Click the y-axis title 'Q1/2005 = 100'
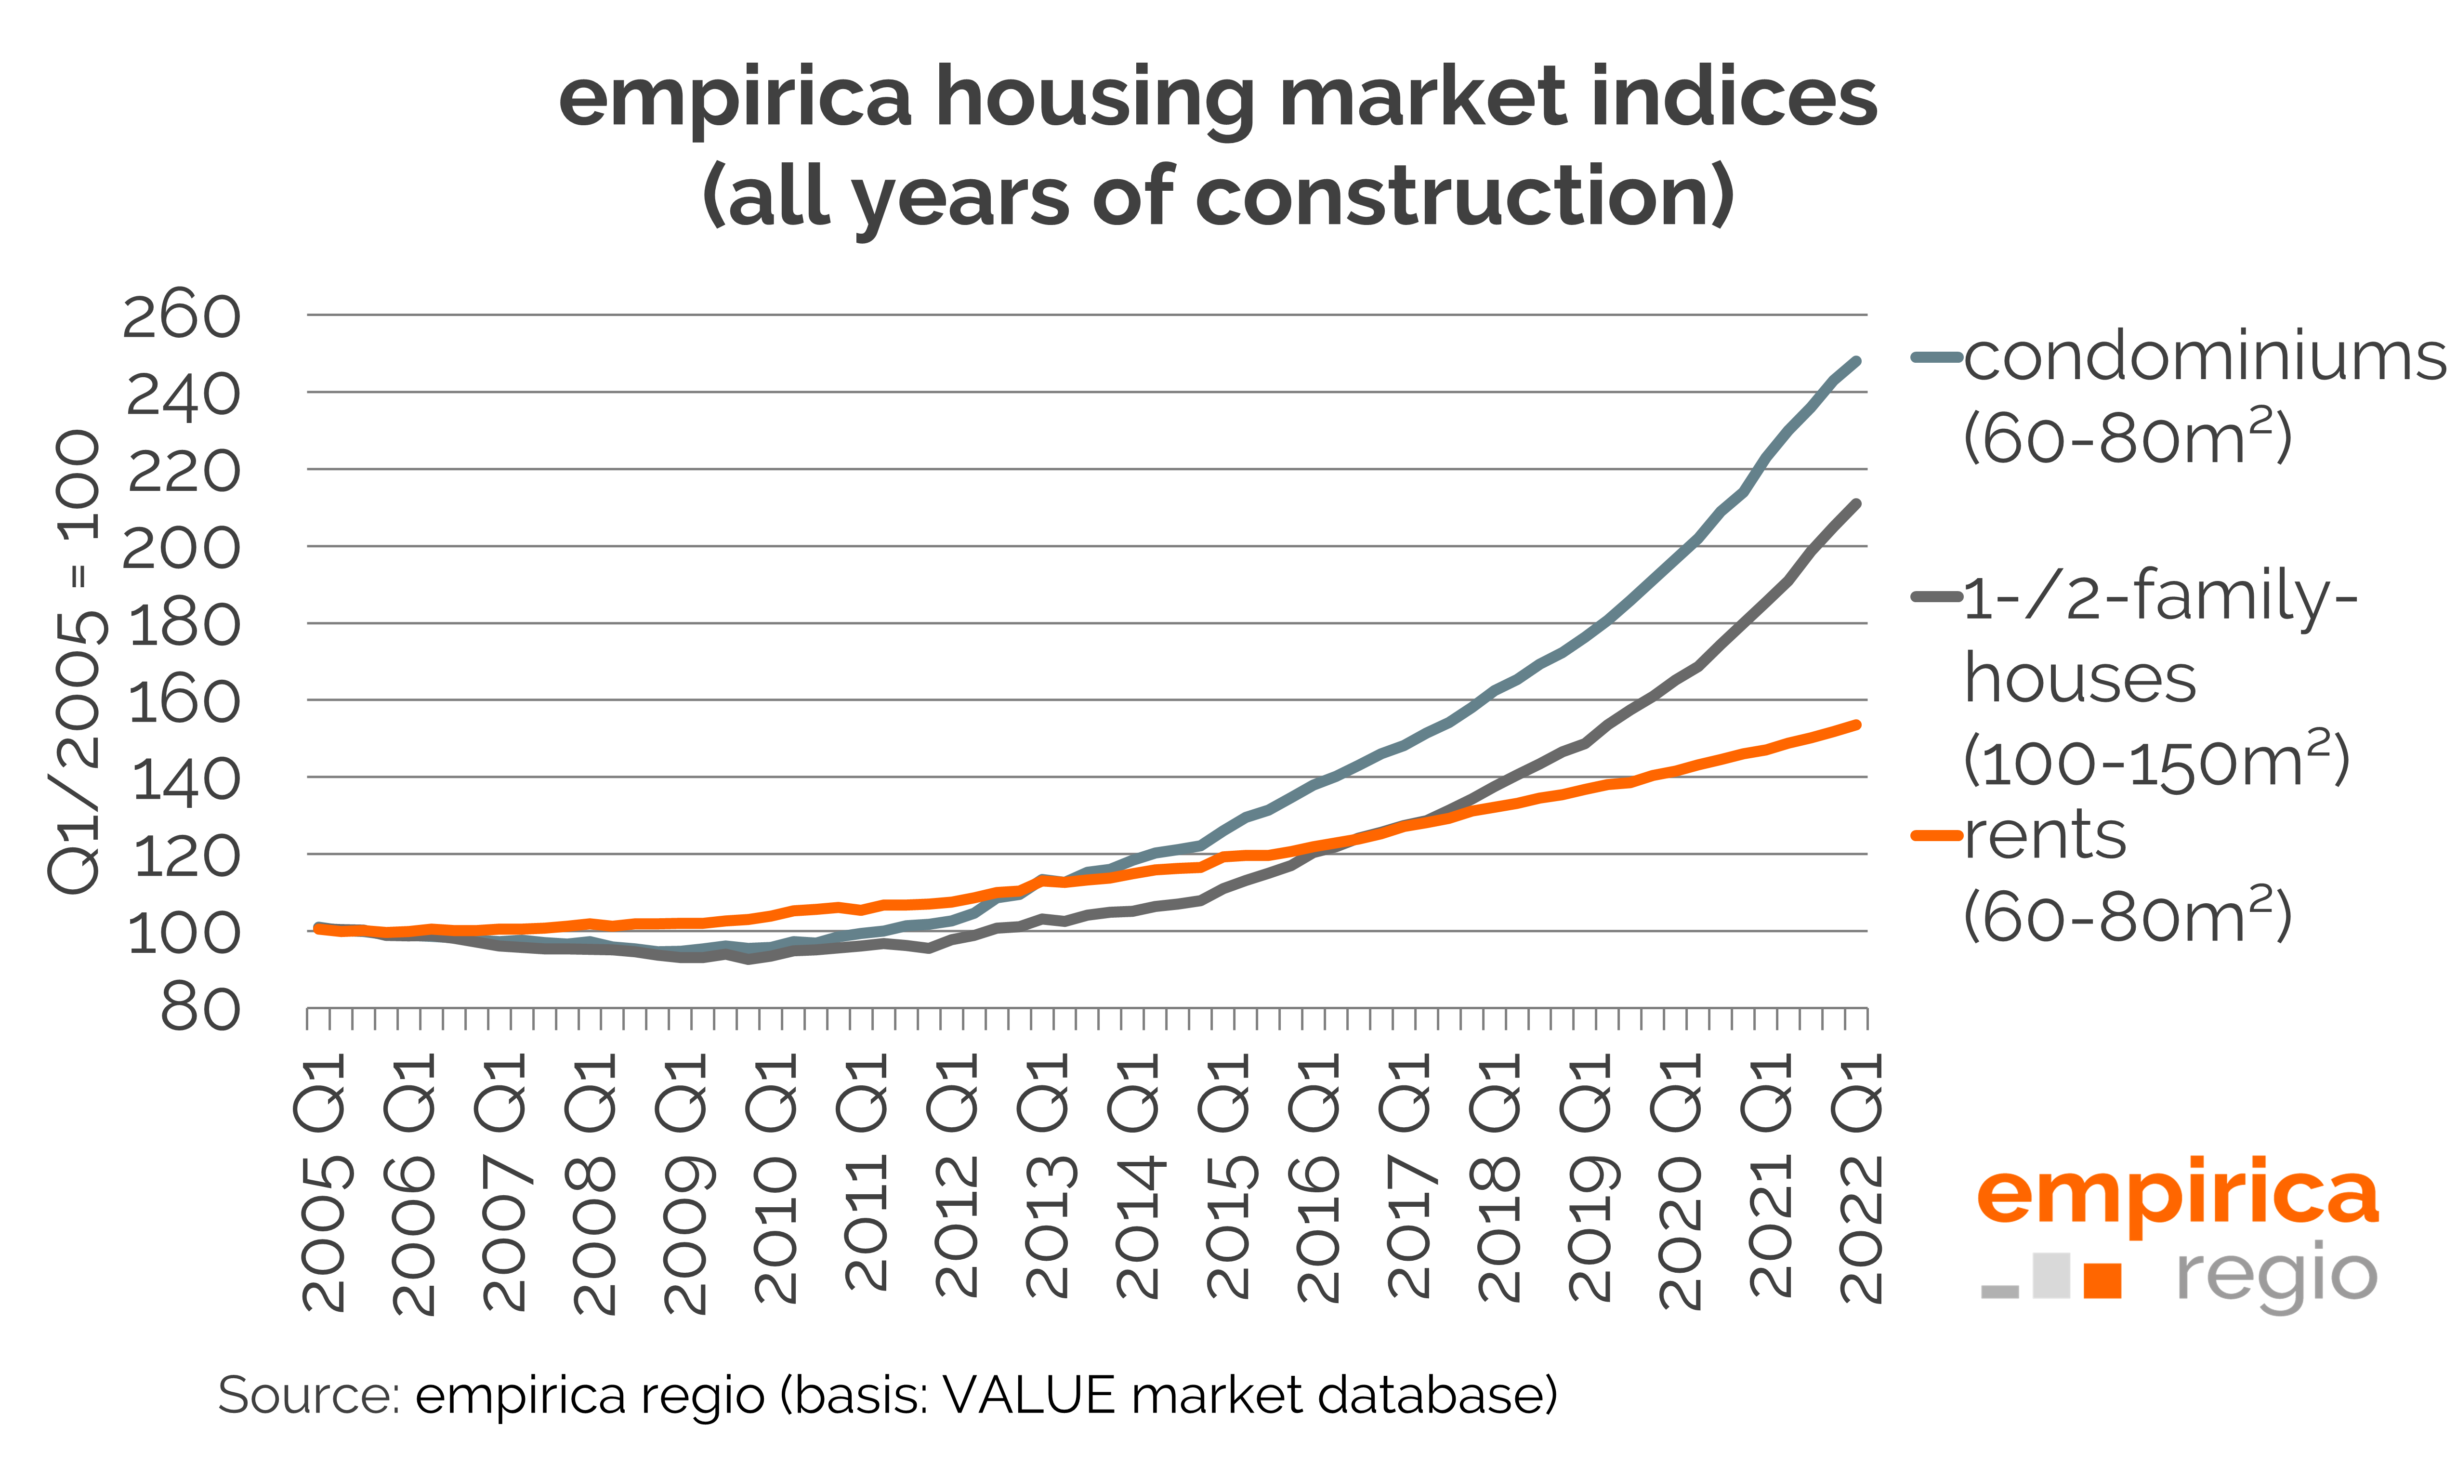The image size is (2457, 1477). (x=75, y=662)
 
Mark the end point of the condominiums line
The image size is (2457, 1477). (x=1856, y=361)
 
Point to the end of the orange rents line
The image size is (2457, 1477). (x=1856, y=725)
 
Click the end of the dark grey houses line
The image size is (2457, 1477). (x=1856, y=503)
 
